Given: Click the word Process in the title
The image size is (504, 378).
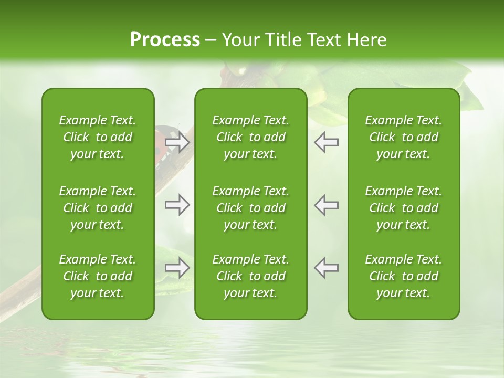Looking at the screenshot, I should [165, 40].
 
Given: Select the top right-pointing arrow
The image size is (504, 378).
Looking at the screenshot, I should [177, 142].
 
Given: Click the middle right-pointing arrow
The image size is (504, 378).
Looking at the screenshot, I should [177, 205].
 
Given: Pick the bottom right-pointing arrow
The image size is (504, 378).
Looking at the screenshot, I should [177, 268].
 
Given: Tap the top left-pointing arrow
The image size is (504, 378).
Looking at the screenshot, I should [327, 142].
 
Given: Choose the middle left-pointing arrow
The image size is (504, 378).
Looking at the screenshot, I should [327, 205].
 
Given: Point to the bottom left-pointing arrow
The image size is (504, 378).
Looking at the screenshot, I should [327, 268].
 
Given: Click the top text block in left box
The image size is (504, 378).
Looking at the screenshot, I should [98, 137].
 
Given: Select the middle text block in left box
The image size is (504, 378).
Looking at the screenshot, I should [98, 208].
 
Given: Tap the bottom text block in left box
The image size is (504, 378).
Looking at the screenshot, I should [98, 276].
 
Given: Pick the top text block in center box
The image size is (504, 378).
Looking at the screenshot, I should [251, 137].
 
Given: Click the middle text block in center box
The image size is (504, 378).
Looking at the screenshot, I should [251, 208].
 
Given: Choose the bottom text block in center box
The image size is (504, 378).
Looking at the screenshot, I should [251, 276].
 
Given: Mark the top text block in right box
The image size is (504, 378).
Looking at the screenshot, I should [404, 137].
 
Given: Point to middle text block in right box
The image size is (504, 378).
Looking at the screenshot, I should [404, 208].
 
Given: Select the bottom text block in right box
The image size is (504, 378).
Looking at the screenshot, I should [404, 276].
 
